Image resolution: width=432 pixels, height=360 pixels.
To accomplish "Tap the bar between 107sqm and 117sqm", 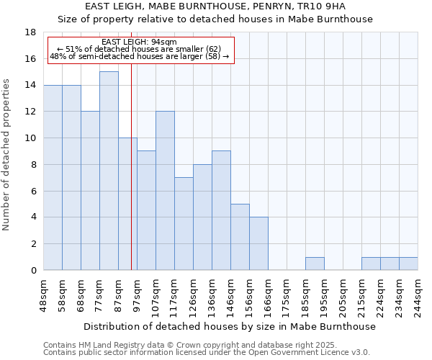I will (165, 191).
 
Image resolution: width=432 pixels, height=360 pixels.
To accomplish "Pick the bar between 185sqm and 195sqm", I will (315, 264).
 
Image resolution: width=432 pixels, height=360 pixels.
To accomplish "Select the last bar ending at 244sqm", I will (408, 264).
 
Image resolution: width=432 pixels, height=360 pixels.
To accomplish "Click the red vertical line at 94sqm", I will (131, 180).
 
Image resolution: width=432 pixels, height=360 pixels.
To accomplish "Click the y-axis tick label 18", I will (31, 32).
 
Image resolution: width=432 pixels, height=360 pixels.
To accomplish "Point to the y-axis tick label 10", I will (31, 138).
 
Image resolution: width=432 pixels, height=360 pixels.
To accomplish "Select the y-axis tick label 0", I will (33, 271).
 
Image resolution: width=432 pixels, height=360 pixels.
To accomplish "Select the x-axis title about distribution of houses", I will (230, 327).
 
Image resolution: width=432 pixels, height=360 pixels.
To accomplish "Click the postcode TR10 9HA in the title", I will (325, 6).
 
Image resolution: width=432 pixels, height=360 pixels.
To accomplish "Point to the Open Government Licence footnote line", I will (206, 353).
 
